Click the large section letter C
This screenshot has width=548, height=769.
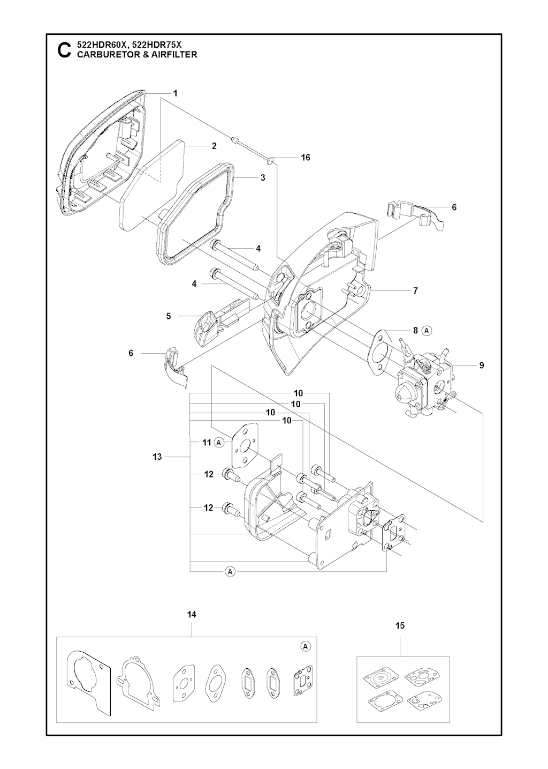(64, 50)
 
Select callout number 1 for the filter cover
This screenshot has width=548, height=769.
(175, 93)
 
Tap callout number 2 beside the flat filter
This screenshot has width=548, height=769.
(214, 146)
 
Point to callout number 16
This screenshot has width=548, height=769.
(306, 158)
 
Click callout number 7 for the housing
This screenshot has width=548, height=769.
(415, 291)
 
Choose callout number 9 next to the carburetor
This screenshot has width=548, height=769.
(482, 365)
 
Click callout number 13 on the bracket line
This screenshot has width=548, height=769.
(157, 457)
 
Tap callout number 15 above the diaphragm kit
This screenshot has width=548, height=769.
(400, 625)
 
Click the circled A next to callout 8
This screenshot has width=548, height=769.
(427, 331)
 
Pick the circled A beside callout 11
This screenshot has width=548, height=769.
(218, 443)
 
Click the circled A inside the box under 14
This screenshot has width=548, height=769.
(305, 646)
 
